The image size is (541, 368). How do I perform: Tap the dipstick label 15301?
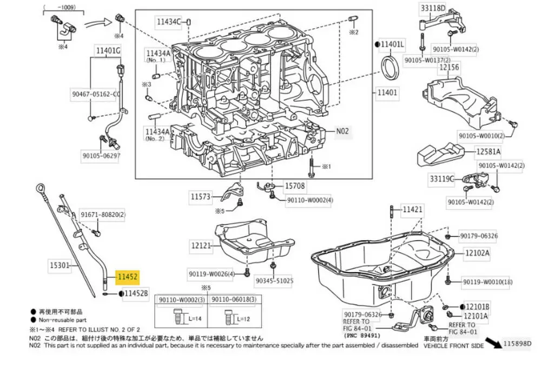[60, 265]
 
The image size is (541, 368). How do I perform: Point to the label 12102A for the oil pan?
[478, 253]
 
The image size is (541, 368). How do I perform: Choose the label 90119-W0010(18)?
[487, 281]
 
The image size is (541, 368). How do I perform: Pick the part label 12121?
[201, 246]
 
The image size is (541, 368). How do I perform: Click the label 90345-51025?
[274, 281]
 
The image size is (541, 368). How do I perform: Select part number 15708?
[295, 186]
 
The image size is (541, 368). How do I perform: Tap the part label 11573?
[200, 196]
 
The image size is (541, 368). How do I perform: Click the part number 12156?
[449, 68]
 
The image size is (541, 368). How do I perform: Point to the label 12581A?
[489, 152]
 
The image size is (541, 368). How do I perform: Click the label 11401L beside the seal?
[392, 43]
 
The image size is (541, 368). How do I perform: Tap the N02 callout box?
[343, 130]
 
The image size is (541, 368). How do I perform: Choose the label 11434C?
[169, 22]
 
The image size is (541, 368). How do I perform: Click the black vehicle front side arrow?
[492, 342]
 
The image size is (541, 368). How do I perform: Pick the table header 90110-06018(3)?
[233, 300]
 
